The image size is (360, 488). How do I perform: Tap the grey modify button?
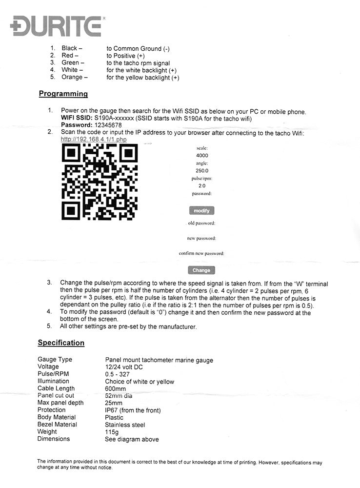click(x=201, y=211)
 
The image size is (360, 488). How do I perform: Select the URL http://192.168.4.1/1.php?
click(x=94, y=139)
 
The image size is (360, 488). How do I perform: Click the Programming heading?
click(x=63, y=94)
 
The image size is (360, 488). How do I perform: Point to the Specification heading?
click(x=61, y=343)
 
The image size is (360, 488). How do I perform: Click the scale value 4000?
click(x=202, y=156)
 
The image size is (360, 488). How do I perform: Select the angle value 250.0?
click(x=202, y=171)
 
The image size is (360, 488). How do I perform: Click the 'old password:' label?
click(x=202, y=224)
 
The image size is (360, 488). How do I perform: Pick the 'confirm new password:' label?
click(x=201, y=254)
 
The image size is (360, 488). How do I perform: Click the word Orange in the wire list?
click(x=72, y=78)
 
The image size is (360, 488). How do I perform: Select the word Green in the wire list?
click(x=70, y=63)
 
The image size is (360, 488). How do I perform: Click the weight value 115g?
click(x=113, y=432)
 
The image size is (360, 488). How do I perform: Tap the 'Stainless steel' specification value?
click(x=125, y=425)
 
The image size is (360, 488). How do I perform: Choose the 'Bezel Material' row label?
click(x=57, y=425)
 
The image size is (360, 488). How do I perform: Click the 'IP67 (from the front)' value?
click(x=133, y=410)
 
